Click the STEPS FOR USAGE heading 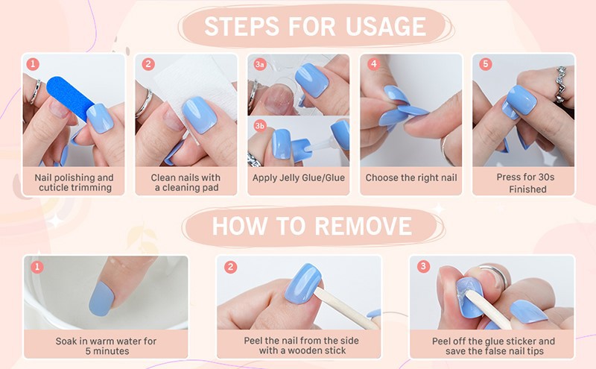point(315,26)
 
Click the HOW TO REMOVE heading point(311,225)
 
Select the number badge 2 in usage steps point(148,65)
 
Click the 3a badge point(259,65)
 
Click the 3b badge point(259,126)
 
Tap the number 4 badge point(372,65)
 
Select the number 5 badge point(485,65)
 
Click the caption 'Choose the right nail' point(411,178)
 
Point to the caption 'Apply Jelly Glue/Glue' point(298,178)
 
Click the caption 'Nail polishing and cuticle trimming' point(74,183)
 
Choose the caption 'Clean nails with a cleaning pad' point(186,183)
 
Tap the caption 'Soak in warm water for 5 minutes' point(106,346)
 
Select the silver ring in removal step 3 point(493,276)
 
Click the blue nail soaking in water point(105,299)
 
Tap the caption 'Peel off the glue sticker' point(493,341)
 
